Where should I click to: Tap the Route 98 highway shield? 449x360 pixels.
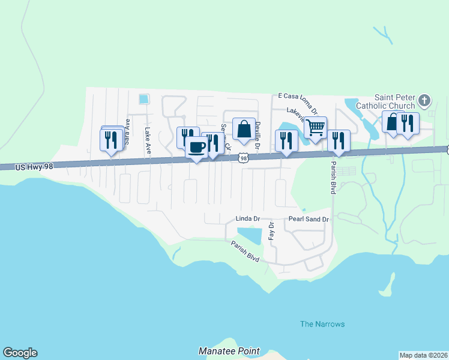(243, 158)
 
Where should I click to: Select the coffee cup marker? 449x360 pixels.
(196, 147)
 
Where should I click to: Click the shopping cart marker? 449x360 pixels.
(315, 127)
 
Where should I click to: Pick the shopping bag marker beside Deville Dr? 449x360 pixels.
(243, 128)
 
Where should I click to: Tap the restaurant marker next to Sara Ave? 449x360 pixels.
(111, 140)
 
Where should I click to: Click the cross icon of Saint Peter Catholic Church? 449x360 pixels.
(424, 100)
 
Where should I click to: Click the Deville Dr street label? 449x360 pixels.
(258, 134)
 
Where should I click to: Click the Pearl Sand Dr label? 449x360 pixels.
(309, 220)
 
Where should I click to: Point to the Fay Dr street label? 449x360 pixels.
(271, 231)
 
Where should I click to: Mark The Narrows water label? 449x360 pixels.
(322, 324)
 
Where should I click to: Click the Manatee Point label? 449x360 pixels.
(229, 351)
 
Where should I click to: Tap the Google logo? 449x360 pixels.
(20, 353)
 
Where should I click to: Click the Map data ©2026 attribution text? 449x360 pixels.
(423, 355)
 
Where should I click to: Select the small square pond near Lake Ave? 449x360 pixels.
(143, 99)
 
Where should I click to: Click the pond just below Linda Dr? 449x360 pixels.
(249, 235)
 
